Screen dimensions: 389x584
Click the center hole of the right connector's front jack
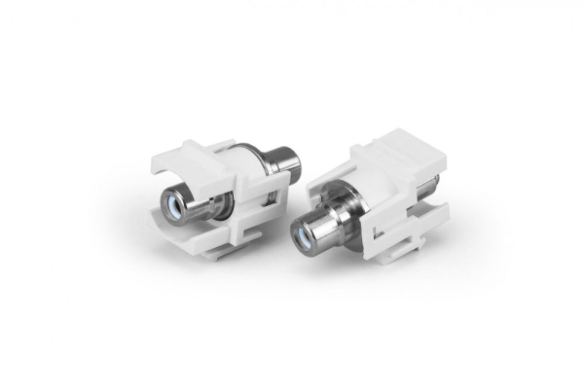coord(309,232)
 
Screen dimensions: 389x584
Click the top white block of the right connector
coord(389,156)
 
